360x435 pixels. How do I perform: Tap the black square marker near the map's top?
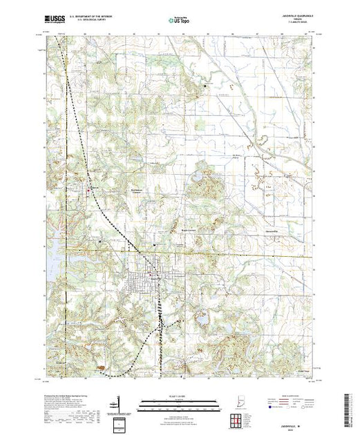click(x=205, y=85)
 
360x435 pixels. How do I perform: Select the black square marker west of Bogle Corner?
click(x=154, y=243)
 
